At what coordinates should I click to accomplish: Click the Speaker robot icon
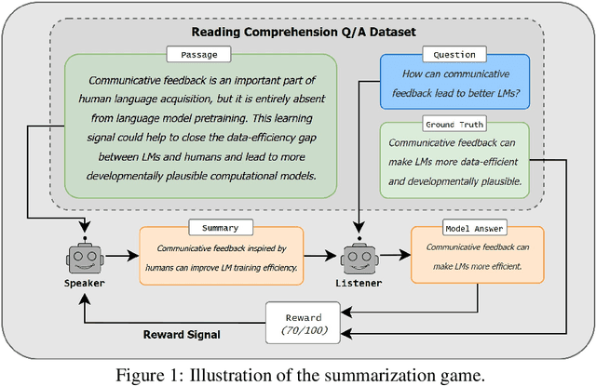[x=85, y=255]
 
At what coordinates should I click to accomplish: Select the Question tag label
[x=454, y=55]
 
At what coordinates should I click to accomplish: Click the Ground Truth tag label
[x=454, y=123]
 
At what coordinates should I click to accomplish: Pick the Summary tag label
[x=220, y=227]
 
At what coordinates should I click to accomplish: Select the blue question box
[x=454, y=84]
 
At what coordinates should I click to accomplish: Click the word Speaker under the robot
[x=85, y=282]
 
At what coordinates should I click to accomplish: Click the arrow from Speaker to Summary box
[x=121, y=256]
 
